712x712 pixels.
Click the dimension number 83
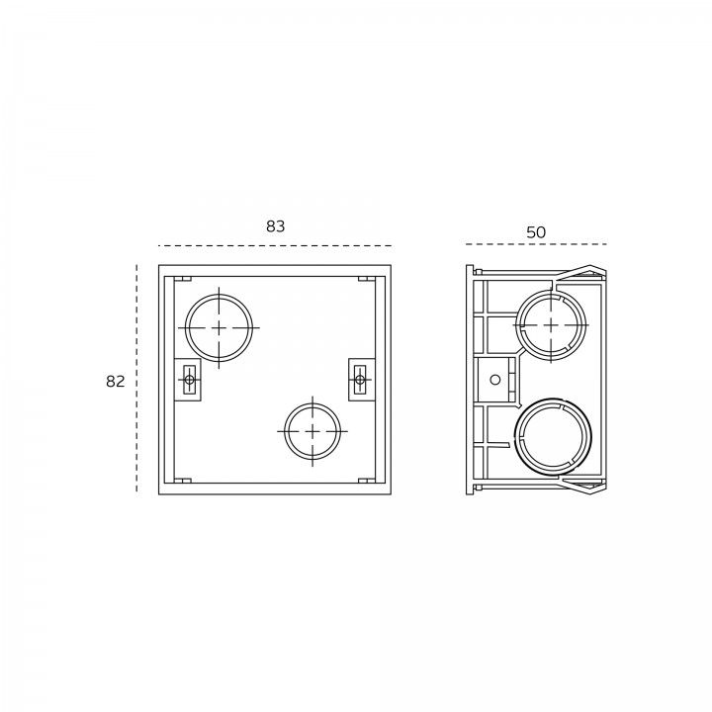coord(276,226)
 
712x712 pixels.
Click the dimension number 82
coord(116,382)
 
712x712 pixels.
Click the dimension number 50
coord(536,232)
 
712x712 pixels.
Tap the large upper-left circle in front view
coord(185,328)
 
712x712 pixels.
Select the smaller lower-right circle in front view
coord(285,431)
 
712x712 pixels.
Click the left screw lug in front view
coord(188,380)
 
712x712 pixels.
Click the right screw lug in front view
coord(362,380)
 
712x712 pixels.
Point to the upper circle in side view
coord(518,325)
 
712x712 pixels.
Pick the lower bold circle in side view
coord(515,437)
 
